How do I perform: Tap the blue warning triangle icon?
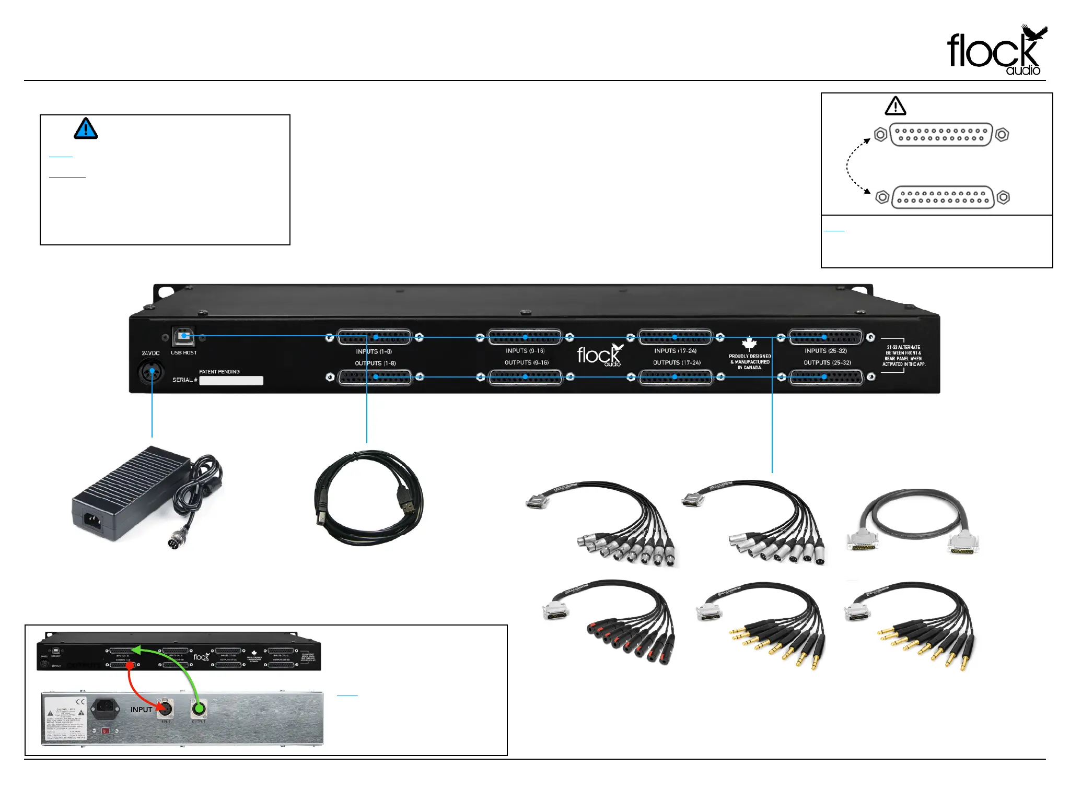click(86, 128)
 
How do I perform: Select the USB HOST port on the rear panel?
click(184, 336)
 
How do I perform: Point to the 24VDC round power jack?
click(151, 372)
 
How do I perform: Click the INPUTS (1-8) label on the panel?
click(374, 351)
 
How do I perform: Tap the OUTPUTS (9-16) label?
click(526, 362)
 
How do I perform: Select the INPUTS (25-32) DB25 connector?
click(825, 337)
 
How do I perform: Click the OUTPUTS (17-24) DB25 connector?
click(675, 377)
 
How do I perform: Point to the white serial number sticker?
click(231, 381)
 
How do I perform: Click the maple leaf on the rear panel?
click(749, 344)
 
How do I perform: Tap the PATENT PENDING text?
click(219, 372)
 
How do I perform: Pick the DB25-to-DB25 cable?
click(912, 522)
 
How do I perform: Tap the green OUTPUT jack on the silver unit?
click(199, 709)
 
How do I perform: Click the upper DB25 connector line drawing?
click(940, 135)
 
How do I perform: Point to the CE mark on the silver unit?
click(80, 702)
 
